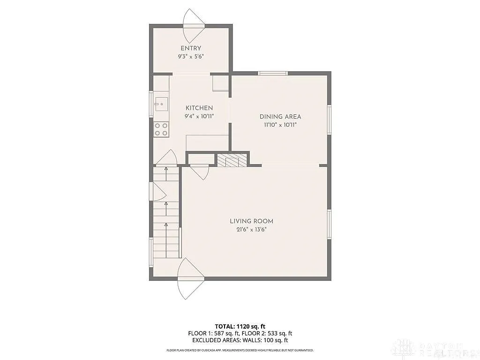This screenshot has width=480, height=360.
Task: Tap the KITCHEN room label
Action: (x=199, y=108)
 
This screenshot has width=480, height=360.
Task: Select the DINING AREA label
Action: (x=280, y=117)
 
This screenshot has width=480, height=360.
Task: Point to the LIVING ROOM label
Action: (x=251, y=221)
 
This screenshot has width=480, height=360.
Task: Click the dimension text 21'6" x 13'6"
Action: (x=251, y=229)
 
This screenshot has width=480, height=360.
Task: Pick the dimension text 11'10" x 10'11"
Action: (x=280, y=125)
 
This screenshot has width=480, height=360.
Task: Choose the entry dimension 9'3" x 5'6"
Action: (x=190, y=56)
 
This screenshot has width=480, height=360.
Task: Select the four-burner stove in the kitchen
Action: (x=161, y=129)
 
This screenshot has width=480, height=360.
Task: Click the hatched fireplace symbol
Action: (x=232, y=160)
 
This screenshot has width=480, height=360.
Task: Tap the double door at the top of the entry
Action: (x=194, y=26)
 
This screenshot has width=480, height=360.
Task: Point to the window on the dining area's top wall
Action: (x=273, y=73)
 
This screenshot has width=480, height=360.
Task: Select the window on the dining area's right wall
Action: (x=329, y=120)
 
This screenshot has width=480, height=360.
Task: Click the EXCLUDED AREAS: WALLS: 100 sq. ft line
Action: (x=240, y=340)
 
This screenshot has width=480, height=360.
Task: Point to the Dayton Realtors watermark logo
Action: (x=434, y=349)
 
